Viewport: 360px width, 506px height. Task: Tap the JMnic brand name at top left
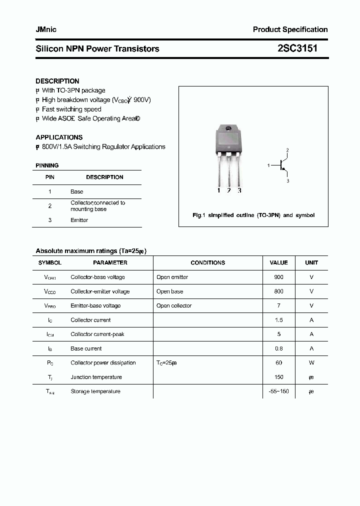point(46,29)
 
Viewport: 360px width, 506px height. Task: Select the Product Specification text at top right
point(290,29)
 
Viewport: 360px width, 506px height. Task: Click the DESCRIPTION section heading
point(57,81)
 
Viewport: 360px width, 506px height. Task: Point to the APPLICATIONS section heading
point(59,137)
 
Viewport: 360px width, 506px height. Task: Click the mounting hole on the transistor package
point(228,129)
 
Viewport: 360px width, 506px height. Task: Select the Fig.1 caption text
point(253,215)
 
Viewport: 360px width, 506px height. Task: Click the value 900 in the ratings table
point(278,277)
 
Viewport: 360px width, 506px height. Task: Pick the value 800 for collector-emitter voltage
point(278,291)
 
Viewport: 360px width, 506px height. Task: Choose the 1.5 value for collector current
point(278,320)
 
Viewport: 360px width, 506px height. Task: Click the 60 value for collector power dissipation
point(278,363)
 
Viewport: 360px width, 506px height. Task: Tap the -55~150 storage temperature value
point(278,391)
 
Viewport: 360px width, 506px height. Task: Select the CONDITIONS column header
point(207,262)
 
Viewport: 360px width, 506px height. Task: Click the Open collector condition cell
point(174,305)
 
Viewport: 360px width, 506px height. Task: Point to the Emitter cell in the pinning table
point(79,220)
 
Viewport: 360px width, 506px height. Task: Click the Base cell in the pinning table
point(77,191)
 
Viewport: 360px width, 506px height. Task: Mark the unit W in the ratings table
point(311,363)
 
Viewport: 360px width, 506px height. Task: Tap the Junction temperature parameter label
point(96,377)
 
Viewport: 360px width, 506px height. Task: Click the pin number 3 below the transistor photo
point(239,190)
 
